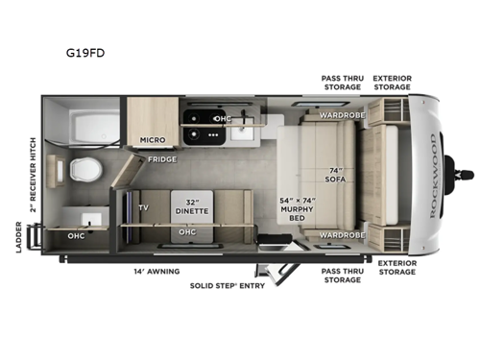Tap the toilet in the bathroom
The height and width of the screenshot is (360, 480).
[84, 171]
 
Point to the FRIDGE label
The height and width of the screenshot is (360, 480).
[159, 158]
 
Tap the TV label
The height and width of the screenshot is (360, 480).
[143, 207]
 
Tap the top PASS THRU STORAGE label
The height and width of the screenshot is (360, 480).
[342, 82]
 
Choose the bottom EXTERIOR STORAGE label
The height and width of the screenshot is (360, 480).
[396, 266]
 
